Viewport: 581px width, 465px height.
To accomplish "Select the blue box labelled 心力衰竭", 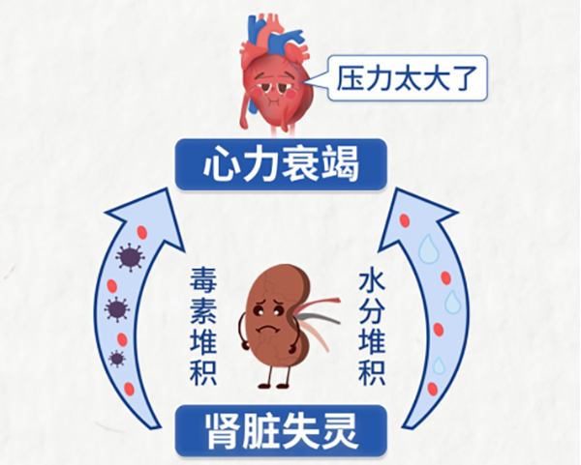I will [x=281, y=166].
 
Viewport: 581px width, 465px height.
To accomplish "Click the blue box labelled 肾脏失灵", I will [x=281, y=431].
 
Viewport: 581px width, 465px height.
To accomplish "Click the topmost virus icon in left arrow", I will [x=127, y=258].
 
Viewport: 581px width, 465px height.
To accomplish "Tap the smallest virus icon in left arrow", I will [x=116, y=359].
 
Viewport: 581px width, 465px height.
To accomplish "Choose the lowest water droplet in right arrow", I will [x=438, y=365].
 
